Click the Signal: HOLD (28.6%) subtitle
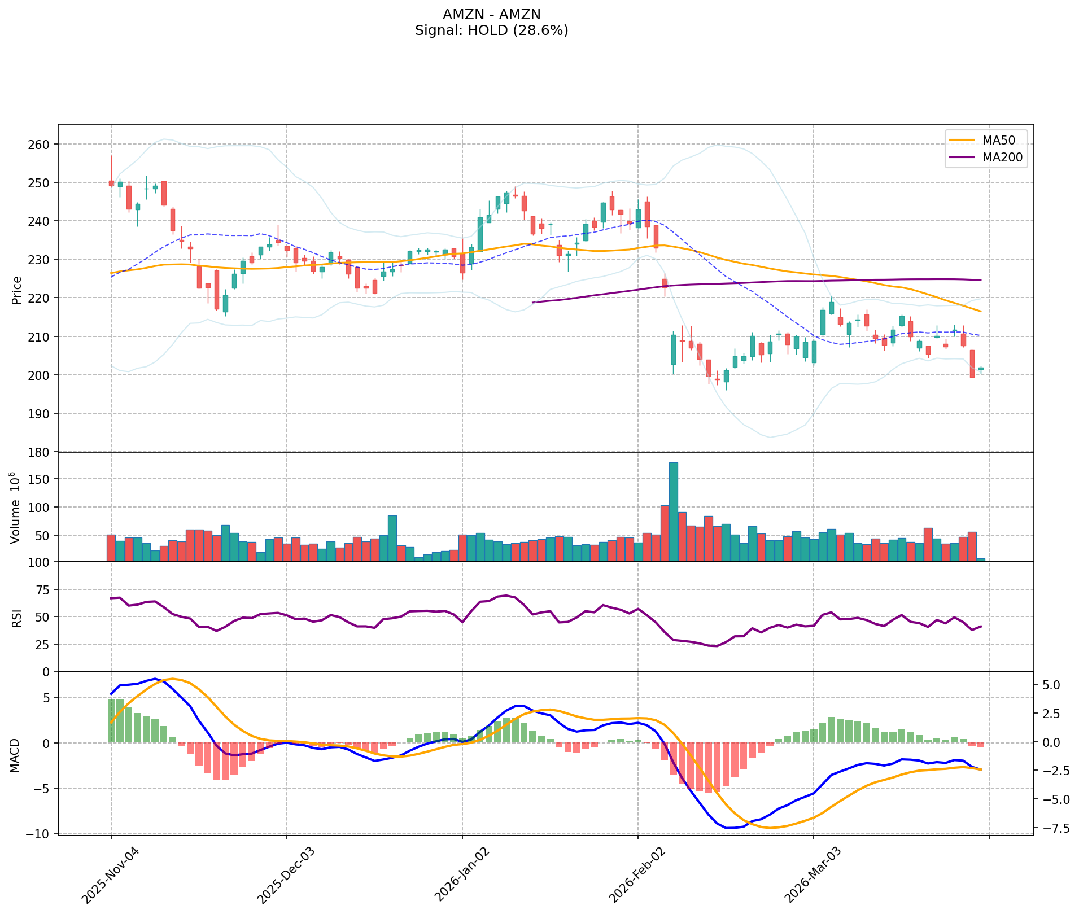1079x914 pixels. click(491, 30)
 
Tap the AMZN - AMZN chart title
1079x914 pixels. click(491, 14)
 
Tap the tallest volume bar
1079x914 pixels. click(673, 511)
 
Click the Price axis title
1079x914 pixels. click(16, 290)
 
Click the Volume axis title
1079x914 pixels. click(15, 508)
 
